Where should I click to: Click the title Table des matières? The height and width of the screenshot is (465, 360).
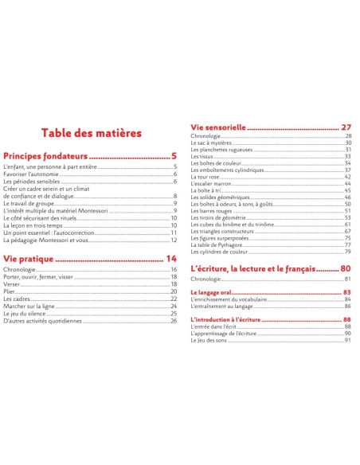tap(92, 132)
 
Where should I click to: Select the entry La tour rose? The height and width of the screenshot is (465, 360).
tap(206, 177)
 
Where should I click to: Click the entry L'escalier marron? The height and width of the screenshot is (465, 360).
tap(211, 184)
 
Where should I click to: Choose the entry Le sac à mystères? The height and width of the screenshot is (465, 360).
tap(213, 143)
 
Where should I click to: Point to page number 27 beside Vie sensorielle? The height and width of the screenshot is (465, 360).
tap(346, 127)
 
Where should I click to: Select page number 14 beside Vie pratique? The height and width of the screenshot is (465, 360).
tap(171, 259)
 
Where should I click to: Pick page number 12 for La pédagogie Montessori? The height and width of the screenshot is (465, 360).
tap(173, 240)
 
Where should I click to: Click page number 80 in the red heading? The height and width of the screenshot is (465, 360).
tap(346, 268)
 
